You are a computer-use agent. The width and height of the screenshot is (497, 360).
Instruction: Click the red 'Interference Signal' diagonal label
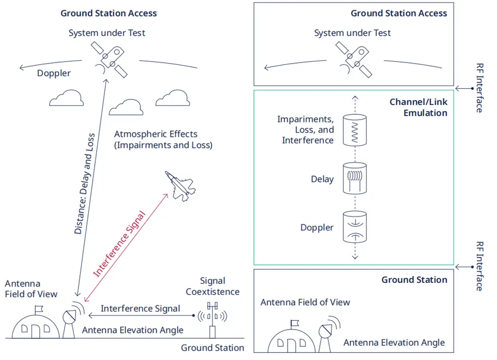coord(119,244)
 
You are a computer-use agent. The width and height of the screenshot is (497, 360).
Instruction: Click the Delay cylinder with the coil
coord(354,178)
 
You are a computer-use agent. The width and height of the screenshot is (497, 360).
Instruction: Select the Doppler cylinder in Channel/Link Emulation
coord(354,227)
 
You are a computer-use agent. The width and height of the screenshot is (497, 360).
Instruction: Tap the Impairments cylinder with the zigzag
coord(354,130)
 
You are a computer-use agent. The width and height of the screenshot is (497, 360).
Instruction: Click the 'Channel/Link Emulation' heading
coord(418,108)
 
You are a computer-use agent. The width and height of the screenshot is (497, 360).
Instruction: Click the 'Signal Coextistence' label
coord(212,286)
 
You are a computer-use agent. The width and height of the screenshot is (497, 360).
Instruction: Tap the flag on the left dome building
coord(38,309)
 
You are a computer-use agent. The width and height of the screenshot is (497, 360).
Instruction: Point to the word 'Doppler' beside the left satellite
coord(54,73)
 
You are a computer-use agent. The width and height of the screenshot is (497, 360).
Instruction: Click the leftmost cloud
coord(66,98)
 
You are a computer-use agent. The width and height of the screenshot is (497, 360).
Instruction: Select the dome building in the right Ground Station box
coord(291,341)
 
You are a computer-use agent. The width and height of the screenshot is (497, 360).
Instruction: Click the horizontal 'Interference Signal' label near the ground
coord(140,308)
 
